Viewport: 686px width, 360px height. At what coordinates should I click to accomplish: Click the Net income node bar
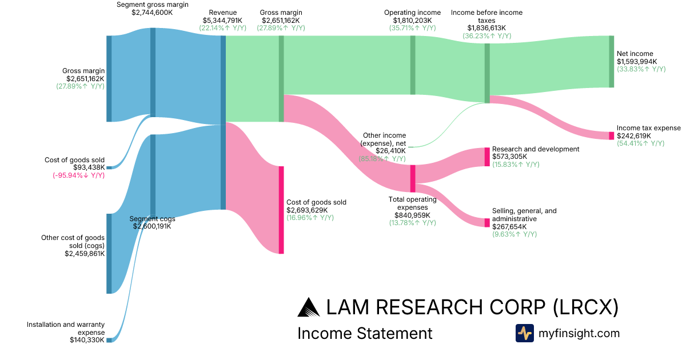pos(611,62)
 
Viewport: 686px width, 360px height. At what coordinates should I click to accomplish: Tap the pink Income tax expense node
pos(611,135)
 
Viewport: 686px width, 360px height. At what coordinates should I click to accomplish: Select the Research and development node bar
pos(487,157)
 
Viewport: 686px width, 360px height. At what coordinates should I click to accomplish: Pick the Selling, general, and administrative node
pos(487,222)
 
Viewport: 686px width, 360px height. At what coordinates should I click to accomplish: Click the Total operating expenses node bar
pos(413,178)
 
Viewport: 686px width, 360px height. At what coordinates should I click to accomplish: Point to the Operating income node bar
pos(413,65)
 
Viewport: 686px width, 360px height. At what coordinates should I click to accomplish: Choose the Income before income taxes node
pos(487,73)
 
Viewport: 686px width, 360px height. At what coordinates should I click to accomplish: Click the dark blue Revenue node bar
pos(223,122)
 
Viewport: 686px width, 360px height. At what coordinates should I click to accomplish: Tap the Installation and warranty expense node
pos(109,340)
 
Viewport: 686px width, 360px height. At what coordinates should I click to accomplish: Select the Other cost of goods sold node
pos(109,254)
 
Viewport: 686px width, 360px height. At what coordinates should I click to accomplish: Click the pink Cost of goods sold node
pos(281,210)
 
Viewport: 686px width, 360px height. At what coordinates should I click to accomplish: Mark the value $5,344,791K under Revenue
pos(222,21)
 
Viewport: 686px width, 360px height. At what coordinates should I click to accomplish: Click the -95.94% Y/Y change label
pos(79,175)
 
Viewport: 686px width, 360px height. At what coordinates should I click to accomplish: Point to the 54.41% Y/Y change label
pos(641,143)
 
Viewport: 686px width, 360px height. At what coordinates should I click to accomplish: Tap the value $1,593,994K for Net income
pos(637,62)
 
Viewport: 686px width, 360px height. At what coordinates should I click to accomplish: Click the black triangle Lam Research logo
pos(308,307)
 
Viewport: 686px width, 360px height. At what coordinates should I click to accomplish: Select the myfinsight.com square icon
pos(525,333)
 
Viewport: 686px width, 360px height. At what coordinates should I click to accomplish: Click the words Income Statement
pos(365,333)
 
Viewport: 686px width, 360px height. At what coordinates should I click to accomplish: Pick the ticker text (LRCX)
pos(585,307)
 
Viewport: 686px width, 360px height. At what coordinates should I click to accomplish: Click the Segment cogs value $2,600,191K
pos(152,226)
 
